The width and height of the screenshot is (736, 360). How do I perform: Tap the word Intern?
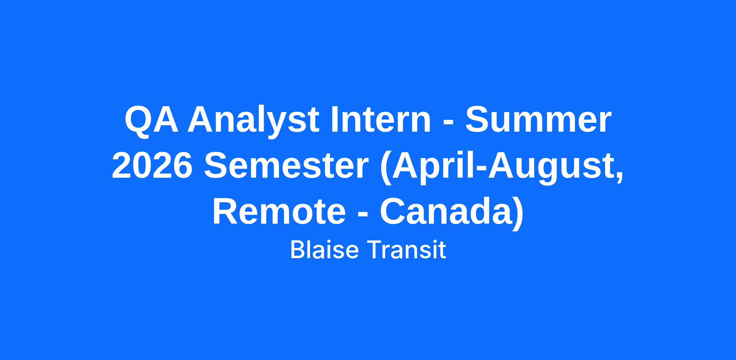point(381,120)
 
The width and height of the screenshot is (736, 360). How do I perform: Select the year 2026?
point(152,166)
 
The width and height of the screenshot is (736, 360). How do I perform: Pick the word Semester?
point(286,166)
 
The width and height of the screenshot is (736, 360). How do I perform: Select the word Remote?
point(279,212)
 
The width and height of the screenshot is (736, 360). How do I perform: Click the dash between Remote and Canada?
point(363,215)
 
